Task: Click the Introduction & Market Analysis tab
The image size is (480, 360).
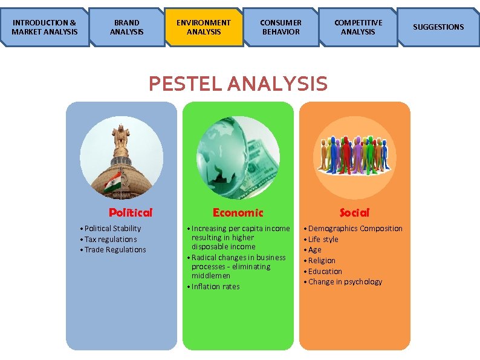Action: (x=45, y=27)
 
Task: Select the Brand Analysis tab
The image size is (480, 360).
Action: (x=127, y=27)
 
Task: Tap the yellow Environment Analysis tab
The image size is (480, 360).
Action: (x=204, y=27)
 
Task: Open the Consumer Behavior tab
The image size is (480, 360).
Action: (x=281, y=27)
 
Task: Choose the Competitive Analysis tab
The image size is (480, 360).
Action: (x=358, y=27)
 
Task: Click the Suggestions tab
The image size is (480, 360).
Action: (x=438, y=27)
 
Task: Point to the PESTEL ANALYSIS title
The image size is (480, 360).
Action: (x=238, y=83)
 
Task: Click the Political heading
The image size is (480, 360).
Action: (x=131, y=212)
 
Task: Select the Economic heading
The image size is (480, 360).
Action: (x=238, y=212)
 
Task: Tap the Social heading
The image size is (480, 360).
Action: (x=354, y=212)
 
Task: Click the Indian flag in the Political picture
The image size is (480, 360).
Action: (x=112, y=182)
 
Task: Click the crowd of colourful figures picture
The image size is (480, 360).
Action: (x=354, y=154)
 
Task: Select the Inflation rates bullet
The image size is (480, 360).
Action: (x=215, y=287)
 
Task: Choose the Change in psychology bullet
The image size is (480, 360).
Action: (x=345, y=282)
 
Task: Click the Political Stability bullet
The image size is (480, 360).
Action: (x=112, y=228)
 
